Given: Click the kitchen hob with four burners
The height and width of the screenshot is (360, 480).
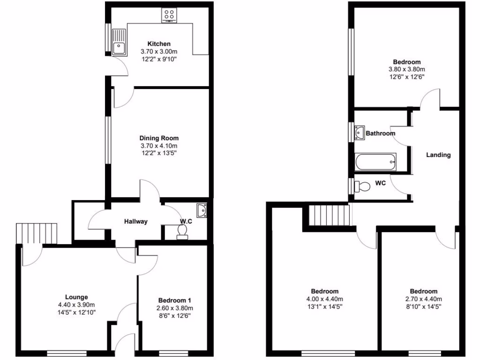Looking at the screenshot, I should coord(169,15).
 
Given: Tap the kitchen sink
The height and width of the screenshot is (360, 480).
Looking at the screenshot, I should coord(119,41).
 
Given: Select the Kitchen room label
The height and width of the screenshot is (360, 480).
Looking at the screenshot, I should coord(159,44).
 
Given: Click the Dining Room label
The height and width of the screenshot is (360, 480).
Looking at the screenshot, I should coord(159,138).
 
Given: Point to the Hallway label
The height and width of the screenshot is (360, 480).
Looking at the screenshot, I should coord(136,221).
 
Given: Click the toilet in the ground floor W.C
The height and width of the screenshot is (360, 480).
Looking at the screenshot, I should coord(182,231).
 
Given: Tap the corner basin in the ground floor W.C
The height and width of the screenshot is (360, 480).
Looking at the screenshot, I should coord(202,210).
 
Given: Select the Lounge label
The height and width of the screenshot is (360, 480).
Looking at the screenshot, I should coord(76,297).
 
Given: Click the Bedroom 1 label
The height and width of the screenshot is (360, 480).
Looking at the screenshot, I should coord(175,300).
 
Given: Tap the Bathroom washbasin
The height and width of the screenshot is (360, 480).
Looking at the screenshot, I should coord(360,132).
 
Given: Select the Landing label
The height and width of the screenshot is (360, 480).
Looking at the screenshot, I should coord(438,155).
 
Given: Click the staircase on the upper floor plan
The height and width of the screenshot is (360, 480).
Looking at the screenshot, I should coord(330,216).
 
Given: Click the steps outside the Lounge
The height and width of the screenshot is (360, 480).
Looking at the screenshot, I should coord(37,233).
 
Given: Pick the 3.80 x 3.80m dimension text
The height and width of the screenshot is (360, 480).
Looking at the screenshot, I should coord(406,69).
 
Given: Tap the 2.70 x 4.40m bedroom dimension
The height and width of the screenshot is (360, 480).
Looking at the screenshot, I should coord(423,299).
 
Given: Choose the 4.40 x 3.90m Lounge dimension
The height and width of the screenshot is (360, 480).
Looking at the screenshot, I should coord(76,305).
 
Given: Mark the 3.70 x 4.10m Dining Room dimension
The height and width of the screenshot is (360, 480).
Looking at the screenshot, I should coord(159,146).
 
